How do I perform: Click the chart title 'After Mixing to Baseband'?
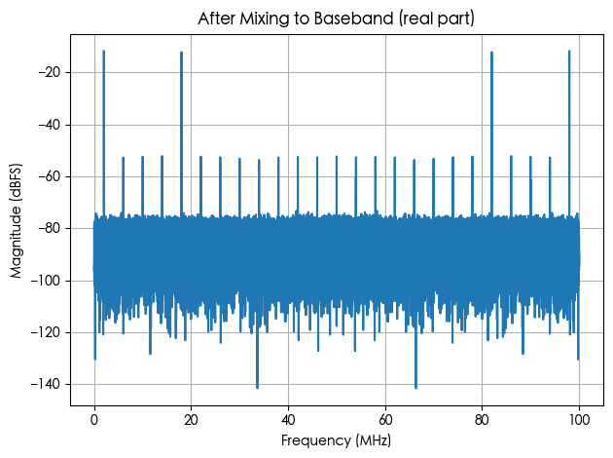coord(296,19)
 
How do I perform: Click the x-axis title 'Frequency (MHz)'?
coord(336,440)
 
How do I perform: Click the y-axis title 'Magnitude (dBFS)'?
coord(16,221)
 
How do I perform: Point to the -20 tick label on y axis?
coord(49,72)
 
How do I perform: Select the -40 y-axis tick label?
coord(49,125)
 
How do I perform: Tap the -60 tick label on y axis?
coord(49,177)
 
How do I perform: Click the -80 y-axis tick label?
coord(49,229)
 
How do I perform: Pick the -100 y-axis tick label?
coord(46,281)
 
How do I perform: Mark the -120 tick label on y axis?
coord(46,332)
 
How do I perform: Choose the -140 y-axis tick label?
coord(46,384)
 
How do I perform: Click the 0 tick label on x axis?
coord(94,420)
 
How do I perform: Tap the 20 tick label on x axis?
coord(191,420)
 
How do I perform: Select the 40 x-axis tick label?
coord(289,420)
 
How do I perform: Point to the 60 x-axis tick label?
coord(385,420)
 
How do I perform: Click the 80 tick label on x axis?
coord(483,420)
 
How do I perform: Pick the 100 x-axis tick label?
coord(579,420)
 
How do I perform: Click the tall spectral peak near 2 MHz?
coord(103,134)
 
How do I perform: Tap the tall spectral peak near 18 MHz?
coord(181,134)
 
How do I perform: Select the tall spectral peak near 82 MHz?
coord(491,134)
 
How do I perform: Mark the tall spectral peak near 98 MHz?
coord(569,134)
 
